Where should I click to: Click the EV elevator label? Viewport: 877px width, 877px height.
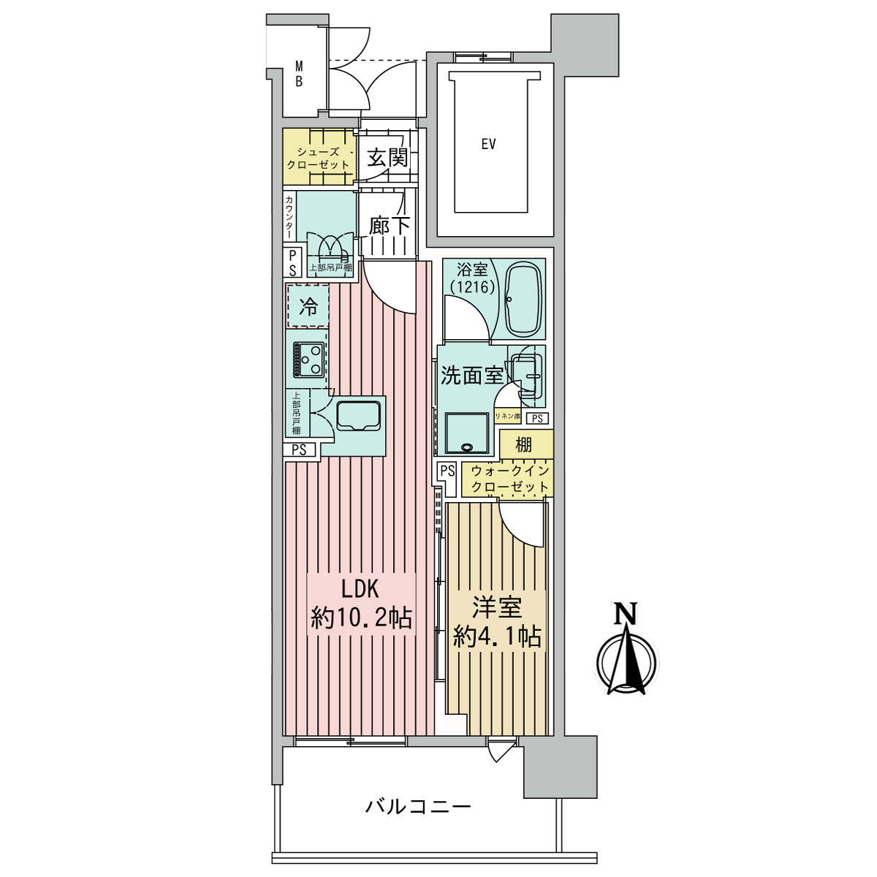tap(488, 144)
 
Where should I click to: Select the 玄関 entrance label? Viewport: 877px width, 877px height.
tap(387, 157)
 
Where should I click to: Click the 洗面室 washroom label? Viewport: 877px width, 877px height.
tap(471, 376)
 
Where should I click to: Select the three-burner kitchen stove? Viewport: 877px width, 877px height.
tap(308, 360)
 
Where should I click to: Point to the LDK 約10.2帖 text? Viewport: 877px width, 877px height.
tap(361, 604)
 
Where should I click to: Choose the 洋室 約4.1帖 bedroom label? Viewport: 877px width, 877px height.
tap(497, 622)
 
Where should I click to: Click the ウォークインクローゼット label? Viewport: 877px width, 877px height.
tap(509, 479)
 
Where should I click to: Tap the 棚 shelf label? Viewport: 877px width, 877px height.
tap(523, 444)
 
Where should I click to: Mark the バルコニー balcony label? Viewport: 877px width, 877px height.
tap(418, 807)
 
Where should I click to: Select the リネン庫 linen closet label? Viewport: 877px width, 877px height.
tap(507, 417)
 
